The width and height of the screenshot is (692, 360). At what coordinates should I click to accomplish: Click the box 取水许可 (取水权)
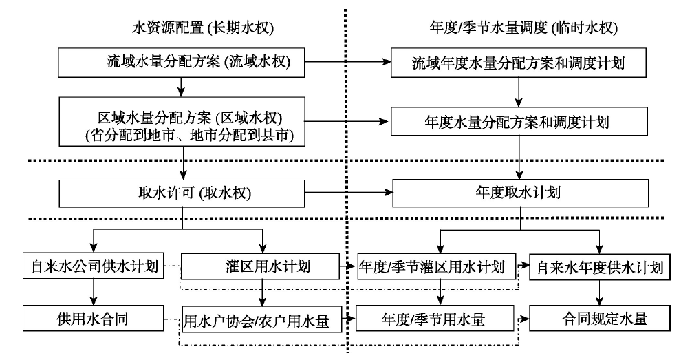tap(180, 193)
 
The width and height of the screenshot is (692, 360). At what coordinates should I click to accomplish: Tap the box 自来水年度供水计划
tap(601, 266)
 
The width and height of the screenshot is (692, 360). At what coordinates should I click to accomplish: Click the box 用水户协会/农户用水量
tap(261, 319)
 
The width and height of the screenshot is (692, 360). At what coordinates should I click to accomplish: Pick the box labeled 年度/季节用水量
tap(437, 319)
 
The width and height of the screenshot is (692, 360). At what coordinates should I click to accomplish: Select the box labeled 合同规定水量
tap(601, 319)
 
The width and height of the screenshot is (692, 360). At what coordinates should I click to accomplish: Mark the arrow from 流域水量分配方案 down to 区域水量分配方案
tap(180, 86)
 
